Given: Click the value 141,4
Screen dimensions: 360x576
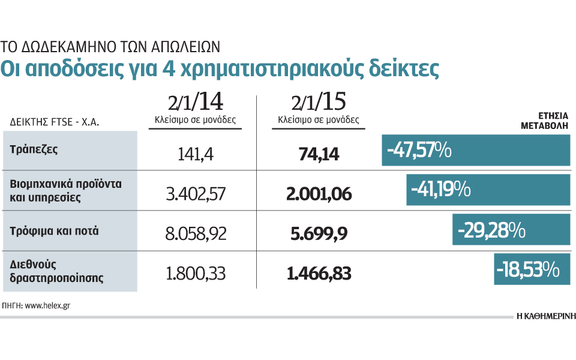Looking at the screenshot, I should click(196, 155).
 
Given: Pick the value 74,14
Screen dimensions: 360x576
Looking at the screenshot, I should click(319, 155).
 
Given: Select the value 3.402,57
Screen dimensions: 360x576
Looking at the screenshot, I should click(196, 194).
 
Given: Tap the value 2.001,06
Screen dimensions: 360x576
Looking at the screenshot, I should click(319, 194).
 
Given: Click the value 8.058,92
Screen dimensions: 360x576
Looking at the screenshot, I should click(196, 233).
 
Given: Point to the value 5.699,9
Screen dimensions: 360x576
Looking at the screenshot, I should click(319, 233).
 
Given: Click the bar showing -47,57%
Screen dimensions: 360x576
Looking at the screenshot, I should click(476, 150).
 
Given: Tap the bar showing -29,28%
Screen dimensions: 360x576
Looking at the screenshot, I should click(511, 230).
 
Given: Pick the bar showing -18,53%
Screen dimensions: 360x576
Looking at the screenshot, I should click(532, 269).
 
